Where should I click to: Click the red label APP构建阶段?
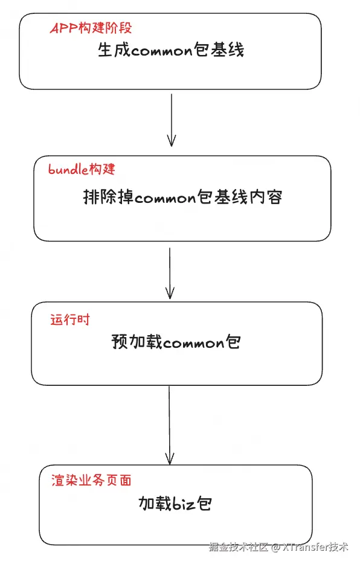90,28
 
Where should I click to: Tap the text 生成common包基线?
171,50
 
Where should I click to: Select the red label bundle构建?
82,169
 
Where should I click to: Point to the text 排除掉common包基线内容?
182,197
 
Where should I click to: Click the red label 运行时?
69,319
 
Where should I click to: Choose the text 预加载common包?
176,342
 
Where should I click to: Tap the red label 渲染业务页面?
91,480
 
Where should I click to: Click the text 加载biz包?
175,503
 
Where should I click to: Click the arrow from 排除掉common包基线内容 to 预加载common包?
170,273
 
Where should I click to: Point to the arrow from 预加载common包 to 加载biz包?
169,424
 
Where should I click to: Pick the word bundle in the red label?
68,169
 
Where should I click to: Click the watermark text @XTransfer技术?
310,547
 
